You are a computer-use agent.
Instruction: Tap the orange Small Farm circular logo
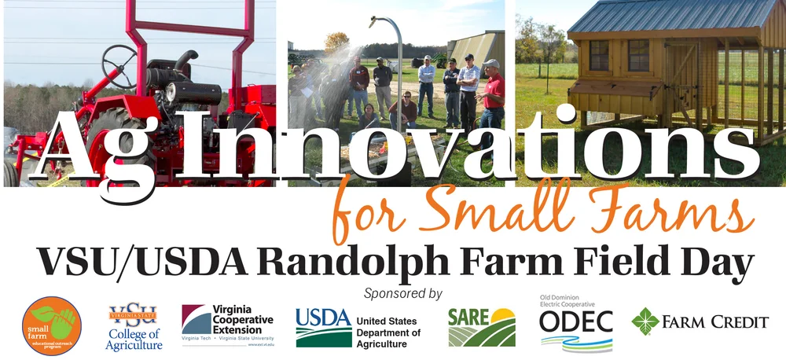click(x=52, y=325)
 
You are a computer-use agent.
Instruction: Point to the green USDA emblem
click(x=323, y=327)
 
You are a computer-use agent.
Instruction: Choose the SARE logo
click(x=481, y=327)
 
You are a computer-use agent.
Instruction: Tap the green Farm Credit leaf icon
click(x=645, y=321)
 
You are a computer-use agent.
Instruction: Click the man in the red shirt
click(x=493, y=94)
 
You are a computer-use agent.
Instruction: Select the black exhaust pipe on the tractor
click(x=186, y=62)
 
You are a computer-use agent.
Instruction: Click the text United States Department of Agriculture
click(x=387, y=332)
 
